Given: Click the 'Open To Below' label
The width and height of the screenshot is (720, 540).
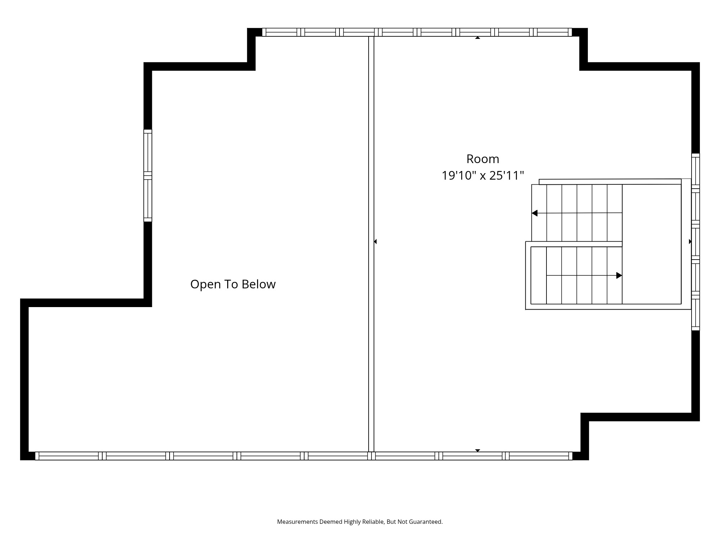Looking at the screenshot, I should (233, 284).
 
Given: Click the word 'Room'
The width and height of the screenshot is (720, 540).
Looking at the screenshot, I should (482, 159).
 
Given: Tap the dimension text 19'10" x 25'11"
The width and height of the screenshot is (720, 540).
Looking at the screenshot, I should (482, 176).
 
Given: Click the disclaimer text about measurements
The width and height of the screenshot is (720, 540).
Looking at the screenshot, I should (360, 522).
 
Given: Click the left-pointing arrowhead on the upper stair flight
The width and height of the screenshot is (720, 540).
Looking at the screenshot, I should (535, 213).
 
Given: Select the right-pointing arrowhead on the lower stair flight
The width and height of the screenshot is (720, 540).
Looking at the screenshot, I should (619, 275).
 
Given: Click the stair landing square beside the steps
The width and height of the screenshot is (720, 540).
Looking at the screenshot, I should (652, 244).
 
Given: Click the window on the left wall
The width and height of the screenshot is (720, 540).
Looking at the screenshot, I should (148, 175).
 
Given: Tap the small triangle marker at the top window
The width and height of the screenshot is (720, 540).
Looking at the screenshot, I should (477, 37).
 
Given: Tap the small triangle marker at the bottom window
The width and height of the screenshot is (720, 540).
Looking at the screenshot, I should (477, 450).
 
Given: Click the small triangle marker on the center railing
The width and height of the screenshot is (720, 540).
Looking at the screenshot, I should (375, 242).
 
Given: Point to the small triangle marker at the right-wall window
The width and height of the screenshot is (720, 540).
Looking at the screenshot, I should (690, 242).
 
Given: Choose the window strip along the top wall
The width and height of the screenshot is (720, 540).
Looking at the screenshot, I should (417, 32).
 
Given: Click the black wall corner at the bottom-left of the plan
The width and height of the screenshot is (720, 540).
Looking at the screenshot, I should (24, 455).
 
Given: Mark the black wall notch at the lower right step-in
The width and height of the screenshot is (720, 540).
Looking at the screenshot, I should (585, 417).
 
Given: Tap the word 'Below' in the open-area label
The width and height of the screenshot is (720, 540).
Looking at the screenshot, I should (258, 284).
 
